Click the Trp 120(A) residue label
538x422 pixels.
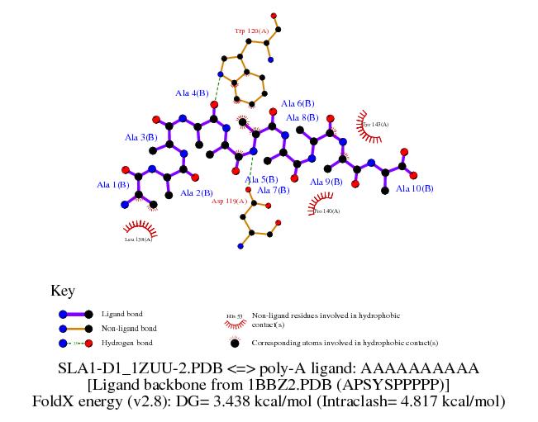click(251, 31)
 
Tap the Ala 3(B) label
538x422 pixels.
click(141, 137)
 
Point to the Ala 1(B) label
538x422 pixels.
click(113, 185)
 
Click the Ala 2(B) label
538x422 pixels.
click(197, 193)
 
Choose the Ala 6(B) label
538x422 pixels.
click(298, 104)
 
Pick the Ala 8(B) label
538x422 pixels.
click(302, 118)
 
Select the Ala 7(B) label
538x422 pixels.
click(274, 190)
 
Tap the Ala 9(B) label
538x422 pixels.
click(326, 182)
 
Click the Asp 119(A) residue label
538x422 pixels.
click(229, 201)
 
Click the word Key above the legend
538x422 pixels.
click(63, 291)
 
